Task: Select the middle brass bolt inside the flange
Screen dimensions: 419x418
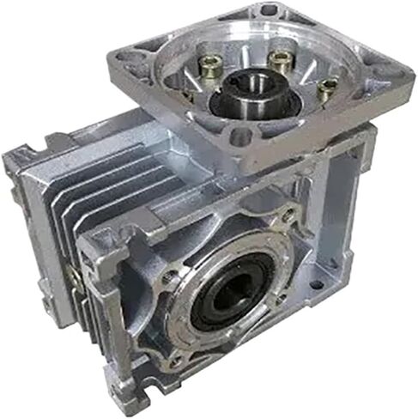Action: click(276, 60)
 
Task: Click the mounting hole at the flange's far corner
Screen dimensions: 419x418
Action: click(269, 11)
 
